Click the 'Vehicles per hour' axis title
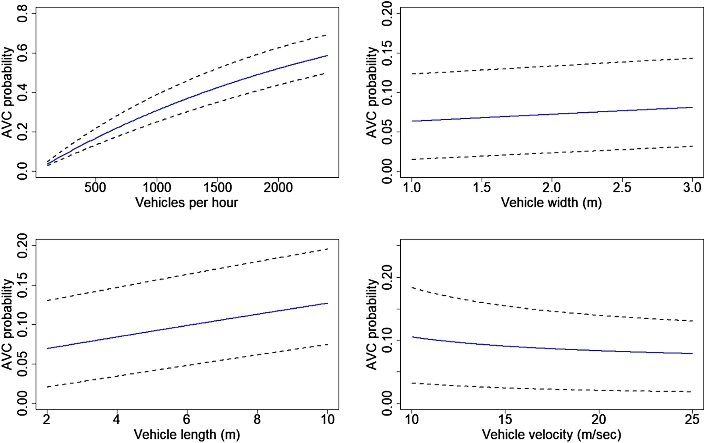tap(186, 203)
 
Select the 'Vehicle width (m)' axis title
tap(551, 203)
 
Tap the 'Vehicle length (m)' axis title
tap(186, 434)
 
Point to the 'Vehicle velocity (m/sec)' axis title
tap(551, 434)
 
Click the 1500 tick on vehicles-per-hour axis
tap(217, 187)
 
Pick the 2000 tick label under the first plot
tap(278, 187)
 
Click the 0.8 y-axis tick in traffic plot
tap(22, 14)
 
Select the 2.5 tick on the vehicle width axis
tap(622, 187)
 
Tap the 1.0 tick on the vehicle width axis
tap(412, 187)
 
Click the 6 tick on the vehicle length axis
tap(187, 419)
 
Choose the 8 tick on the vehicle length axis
tap(257, 419)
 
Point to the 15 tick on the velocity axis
tap(505, 419)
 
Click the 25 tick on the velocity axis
tap(692, 419)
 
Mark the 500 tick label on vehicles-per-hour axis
tap(95, 187)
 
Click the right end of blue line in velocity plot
tap(692, 353)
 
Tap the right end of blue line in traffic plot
tap(327, 56)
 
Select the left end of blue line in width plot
tap(412, 121)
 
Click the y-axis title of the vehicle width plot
tap(372, 92)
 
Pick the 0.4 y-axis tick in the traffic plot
tap(22, 92)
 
